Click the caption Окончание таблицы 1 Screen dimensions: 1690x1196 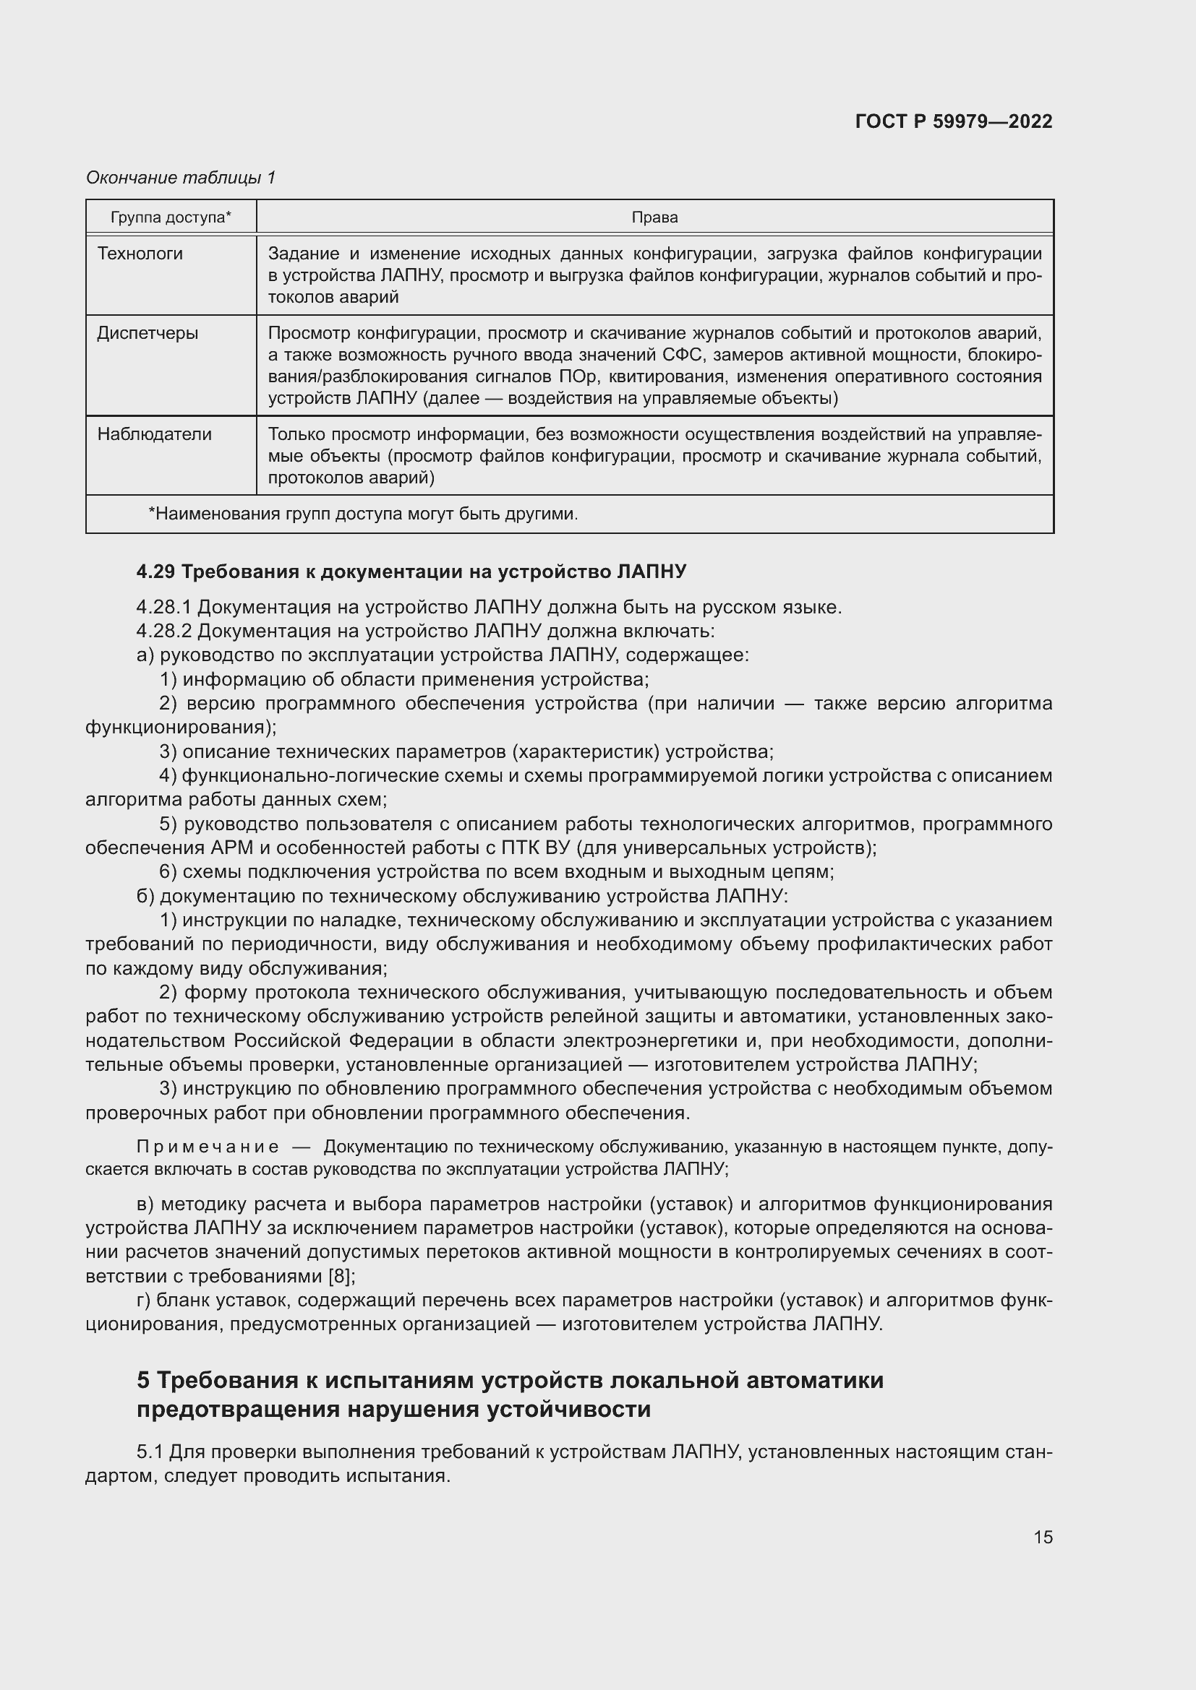pyautogui.click(x=181, y=178)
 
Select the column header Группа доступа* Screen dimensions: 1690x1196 pyautogui.click(x=171, y=217)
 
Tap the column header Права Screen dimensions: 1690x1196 pyautogui.click(x=654, y=217)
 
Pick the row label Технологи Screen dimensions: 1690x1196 pyautogui.click(x=140, y=254)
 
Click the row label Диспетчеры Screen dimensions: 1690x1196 pyautogui.click(x=148, y=333)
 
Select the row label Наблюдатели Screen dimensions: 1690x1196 pyautogui.click(x=154, y=434)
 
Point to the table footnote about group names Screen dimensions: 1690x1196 pyautogui.click(x=362, y=514)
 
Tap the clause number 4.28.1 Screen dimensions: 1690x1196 pyautogui.click(x=163, y=607)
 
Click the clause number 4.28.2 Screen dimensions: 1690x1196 pyautogui.click(x=163, y=631)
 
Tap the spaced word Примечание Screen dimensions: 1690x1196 pyautogui.click(x=208, y=1147)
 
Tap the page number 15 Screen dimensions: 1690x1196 pyautogui.click(x=1042, y=1537)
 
